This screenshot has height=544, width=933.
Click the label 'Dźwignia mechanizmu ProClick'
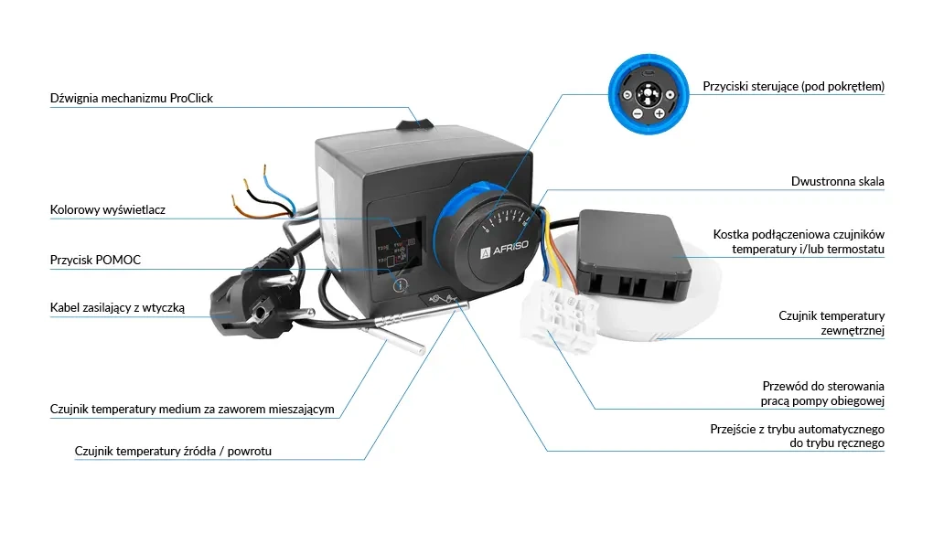tap(131, 98)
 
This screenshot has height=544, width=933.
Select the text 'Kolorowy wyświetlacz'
tap(107, 210)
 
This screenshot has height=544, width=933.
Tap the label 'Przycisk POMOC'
tap(95, 261)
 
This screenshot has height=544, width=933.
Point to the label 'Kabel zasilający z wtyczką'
tap(117, 308)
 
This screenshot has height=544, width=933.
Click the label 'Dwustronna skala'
tap(837, 182)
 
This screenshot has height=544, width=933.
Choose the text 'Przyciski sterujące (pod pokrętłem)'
tap(793, 87)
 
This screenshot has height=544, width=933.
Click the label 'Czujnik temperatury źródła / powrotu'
tap(173, 451)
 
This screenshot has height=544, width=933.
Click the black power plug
tap(245, 307)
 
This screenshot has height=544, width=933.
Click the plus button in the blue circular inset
tap(659, 113)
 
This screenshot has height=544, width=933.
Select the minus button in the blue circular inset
tap(638, 113)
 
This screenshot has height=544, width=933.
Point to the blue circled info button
tap(399, 286)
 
